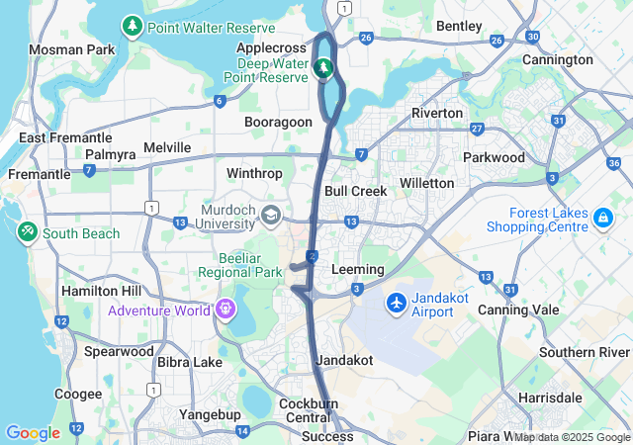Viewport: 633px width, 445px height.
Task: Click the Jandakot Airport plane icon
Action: (x=397, y=301)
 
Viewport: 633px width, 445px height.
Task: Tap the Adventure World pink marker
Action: (x=226, y=310)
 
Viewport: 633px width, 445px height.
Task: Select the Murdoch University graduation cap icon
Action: (x=270, y=215)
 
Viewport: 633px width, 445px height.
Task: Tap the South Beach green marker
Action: (x=27, y=232)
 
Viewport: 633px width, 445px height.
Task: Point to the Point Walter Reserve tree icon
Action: (x=132, y=26)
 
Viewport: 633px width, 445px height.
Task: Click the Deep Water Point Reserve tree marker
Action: (x=322, y=68)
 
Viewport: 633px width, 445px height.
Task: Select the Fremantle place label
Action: (x=39, y=174)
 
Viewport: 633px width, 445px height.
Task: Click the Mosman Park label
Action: (x=71, y=49)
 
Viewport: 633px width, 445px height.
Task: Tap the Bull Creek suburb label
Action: (x=355, y=190)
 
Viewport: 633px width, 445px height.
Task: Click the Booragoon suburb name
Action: (x=279, y=122)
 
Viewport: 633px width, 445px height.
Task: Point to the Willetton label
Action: (x=426, y=183)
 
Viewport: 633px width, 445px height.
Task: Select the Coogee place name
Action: (x=78, y=394)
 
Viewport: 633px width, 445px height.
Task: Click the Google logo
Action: (x=33, y=433)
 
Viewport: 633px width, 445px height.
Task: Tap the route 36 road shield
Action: (x=614, y=163)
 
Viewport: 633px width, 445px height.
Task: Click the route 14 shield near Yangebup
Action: (x=243, y=431)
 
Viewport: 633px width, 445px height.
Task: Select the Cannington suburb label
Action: (x=558, y=59)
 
